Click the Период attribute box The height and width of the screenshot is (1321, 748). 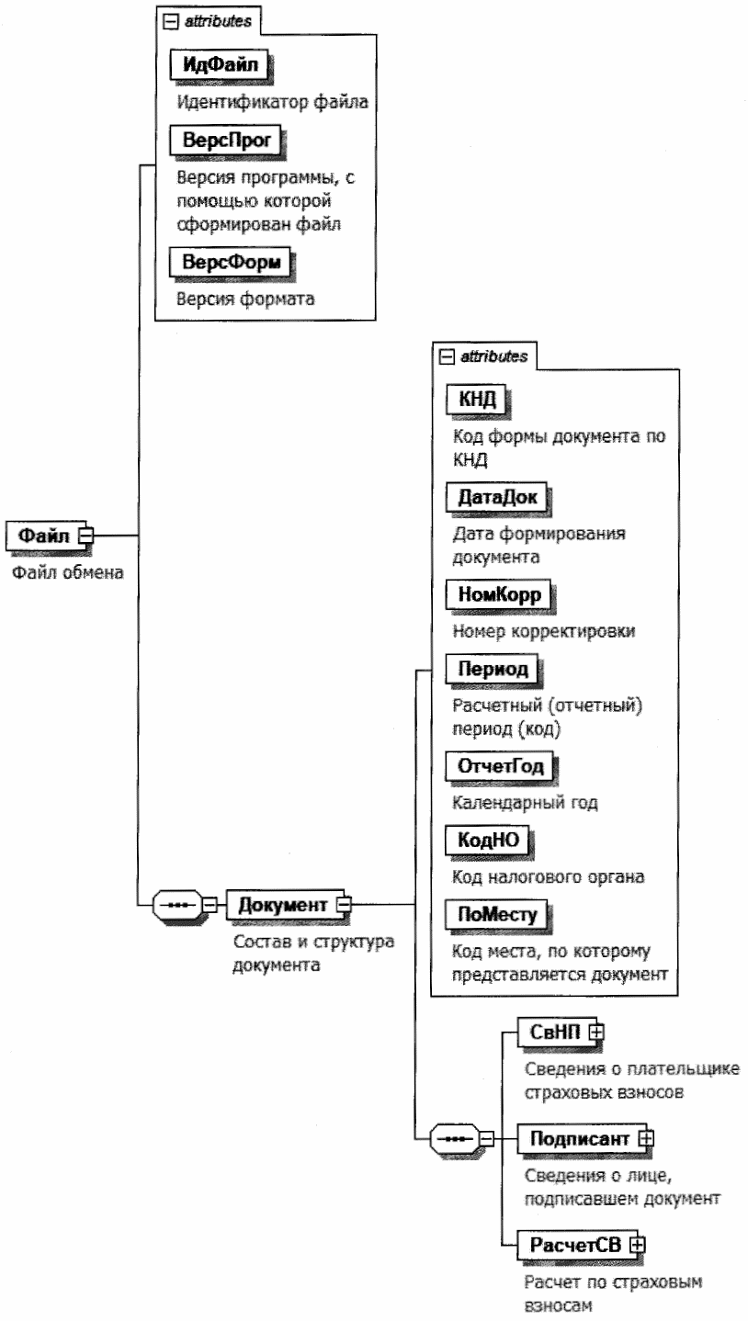click(x=490, y=668)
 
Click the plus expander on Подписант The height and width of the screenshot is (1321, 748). click(x=646, y=1138)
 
